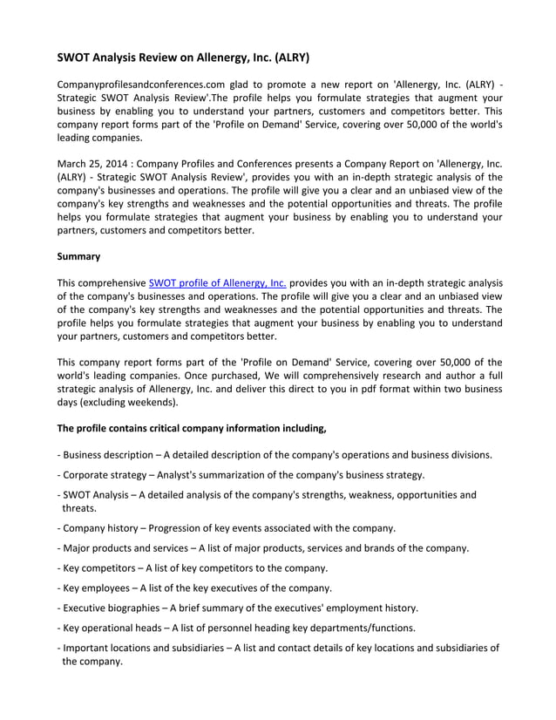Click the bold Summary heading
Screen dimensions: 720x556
coord(78,256)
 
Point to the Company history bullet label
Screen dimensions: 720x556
coord(98,528)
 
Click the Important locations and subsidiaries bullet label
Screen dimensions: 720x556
coord(144,649)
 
